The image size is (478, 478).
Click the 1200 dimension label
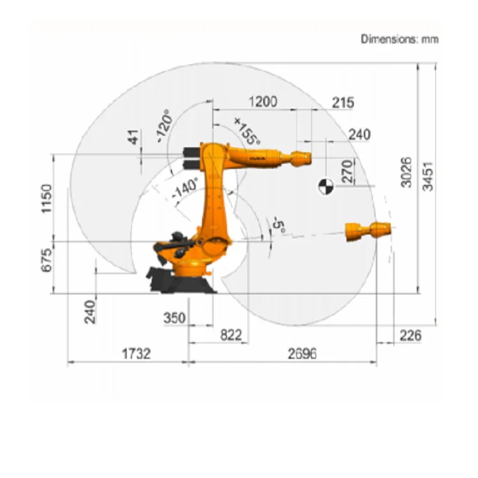click(263, 101)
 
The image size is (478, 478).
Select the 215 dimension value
click(343, 103)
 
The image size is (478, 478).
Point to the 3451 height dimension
click(428, 177)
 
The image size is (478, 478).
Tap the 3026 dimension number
click(406, 172)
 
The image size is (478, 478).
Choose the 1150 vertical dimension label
click(47, 198)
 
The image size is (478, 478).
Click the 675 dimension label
click(47, 260)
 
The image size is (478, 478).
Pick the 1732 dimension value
click(136, 354)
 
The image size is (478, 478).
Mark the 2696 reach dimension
click(302, 354)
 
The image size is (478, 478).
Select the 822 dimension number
click(231, 335)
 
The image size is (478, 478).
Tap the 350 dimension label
click(175, 318)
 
